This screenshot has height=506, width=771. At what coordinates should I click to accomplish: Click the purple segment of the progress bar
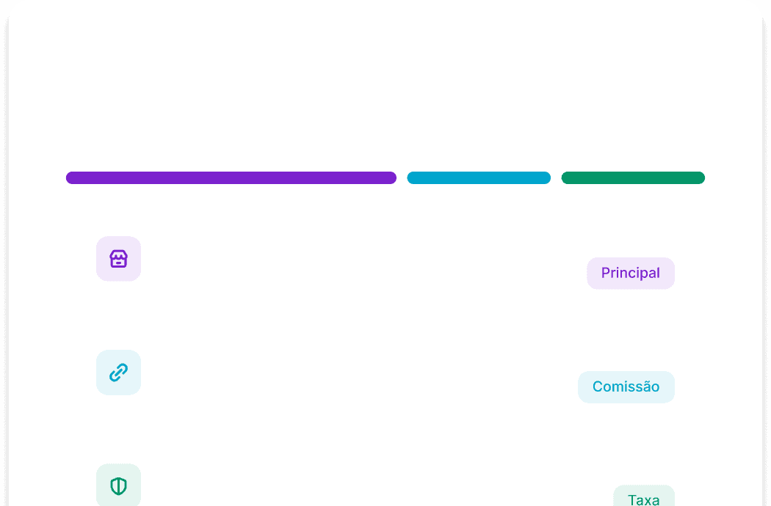point(231,177)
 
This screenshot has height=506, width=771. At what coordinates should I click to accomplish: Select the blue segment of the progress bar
point(478,177)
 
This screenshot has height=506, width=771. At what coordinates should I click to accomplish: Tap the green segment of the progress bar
point(632,177)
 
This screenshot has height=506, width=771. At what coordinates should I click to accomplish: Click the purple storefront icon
point(118,259)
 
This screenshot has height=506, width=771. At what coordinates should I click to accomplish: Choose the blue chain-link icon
point(118,373)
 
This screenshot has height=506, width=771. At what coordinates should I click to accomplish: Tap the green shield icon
point(118,485)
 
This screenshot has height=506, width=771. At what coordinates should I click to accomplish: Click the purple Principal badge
point(630,273)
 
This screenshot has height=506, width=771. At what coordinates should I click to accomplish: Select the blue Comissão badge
point(626,386)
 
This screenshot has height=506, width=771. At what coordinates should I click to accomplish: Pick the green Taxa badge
point(643,496)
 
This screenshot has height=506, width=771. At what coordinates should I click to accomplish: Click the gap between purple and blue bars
point(402,177)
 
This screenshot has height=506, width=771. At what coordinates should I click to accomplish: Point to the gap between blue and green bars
point(556,177)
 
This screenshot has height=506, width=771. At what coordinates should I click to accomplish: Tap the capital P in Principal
point(606,273)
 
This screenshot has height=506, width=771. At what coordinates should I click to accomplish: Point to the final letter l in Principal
point(658,273)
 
